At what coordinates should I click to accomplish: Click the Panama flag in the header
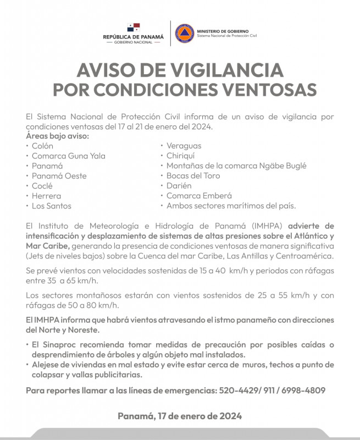133,28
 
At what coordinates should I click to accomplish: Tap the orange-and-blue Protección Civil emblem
184,34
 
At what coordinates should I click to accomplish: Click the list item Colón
42,146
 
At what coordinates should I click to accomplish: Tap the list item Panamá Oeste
59,176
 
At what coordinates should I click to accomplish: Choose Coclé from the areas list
42,186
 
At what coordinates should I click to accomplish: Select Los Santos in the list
51,206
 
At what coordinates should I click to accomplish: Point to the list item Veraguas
184,146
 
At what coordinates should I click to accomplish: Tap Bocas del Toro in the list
193,176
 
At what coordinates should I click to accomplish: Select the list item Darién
179,186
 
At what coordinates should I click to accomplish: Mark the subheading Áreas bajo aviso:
57,136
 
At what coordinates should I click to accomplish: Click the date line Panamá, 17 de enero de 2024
180,416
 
